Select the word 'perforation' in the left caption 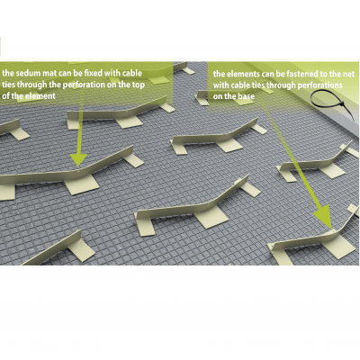tap(83, 85)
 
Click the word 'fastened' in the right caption tap(301, 74)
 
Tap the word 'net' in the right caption tap(348, 74)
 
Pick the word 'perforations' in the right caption tap(320, 85)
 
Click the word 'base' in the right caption tap(247, 96)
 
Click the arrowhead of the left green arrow tap(78, 159)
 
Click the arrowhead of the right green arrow tap(324, 217)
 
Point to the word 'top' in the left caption tap(138, 85)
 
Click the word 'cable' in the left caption tap(131, 73)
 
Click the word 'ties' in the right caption tap(256, 85)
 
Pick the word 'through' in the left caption tap(31, 85)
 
